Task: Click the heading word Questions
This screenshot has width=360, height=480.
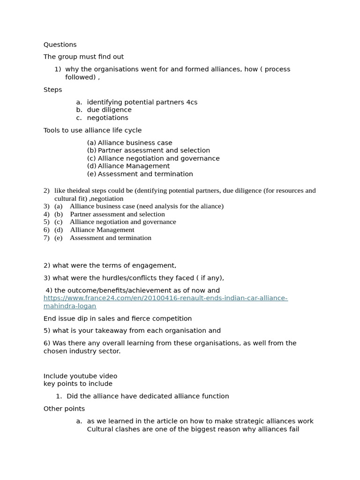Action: (60, 45)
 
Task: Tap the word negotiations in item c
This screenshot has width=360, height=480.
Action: (107, 118)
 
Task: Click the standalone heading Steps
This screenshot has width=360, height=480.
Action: (52, 90)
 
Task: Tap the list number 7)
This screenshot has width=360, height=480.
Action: (46, 238)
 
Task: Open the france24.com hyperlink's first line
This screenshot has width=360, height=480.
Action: (165, 298)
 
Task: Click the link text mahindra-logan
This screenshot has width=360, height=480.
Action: (70, 306)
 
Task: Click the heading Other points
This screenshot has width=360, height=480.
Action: (64, 409)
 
